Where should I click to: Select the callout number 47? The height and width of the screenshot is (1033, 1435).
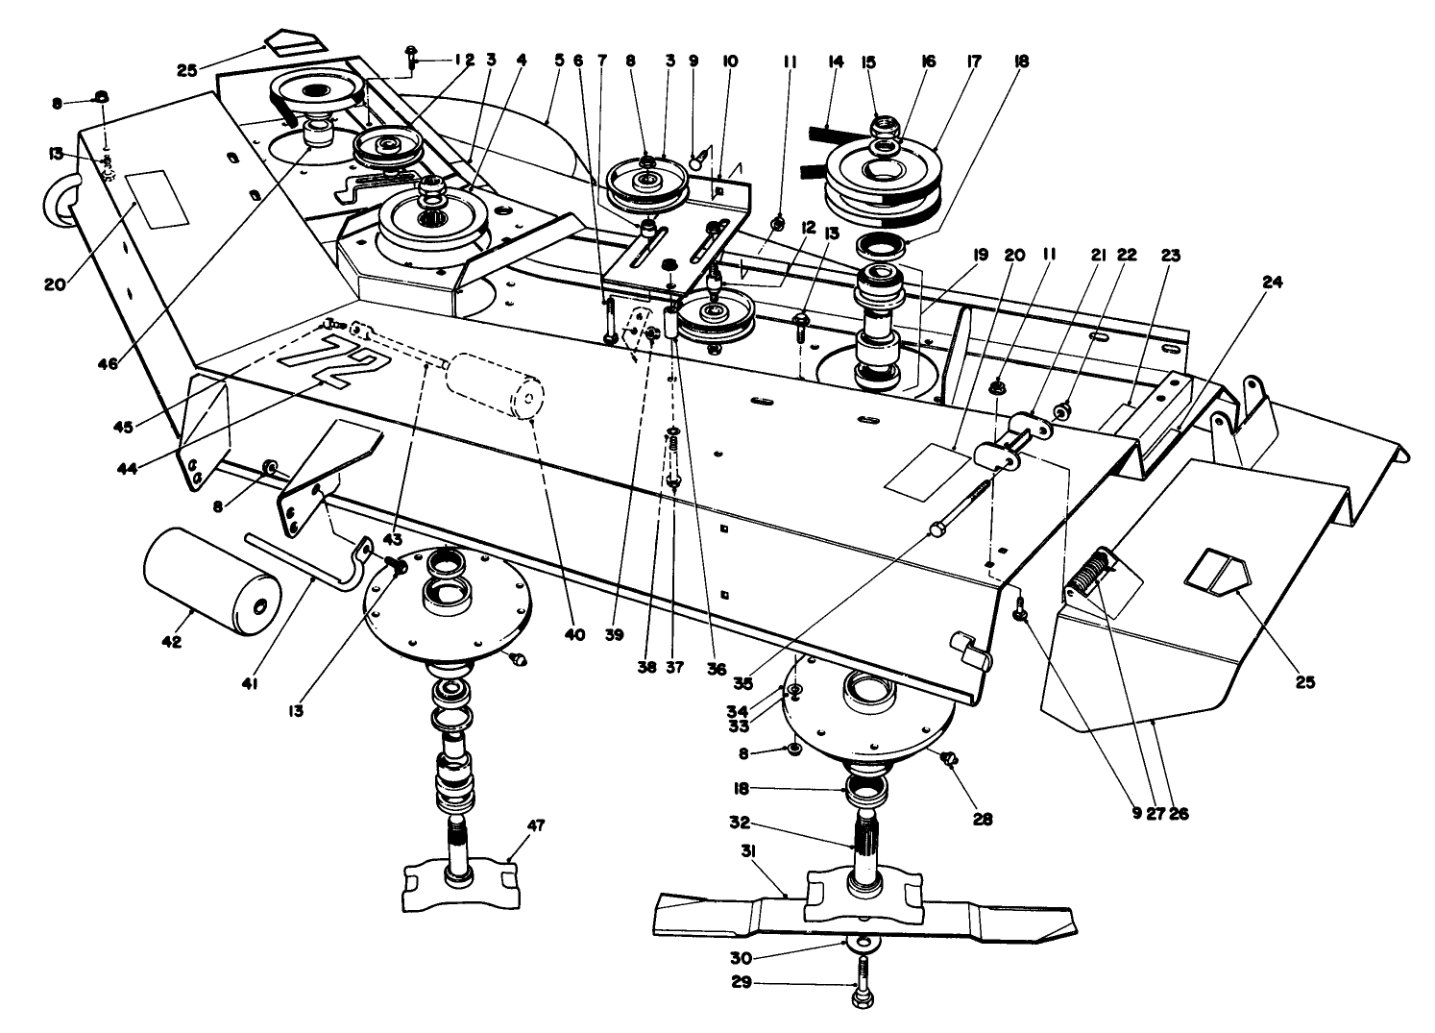[536, 824]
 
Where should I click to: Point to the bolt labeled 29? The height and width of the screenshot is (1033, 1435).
[862, 985]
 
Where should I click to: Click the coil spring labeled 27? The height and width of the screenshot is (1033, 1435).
[1091, 574]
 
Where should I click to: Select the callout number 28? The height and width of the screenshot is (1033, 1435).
[982, 820]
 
